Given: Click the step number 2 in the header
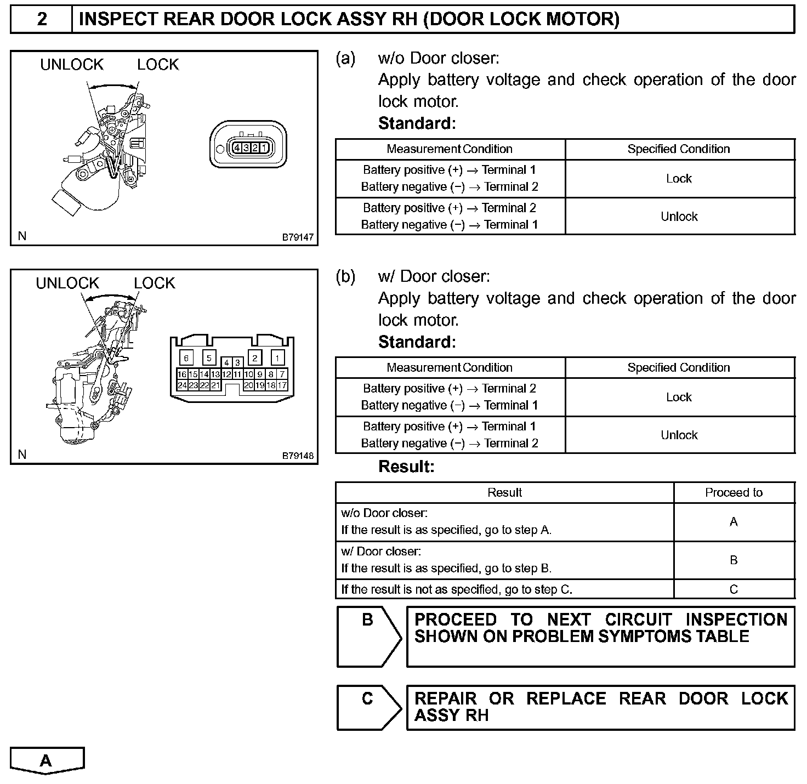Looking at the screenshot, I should pos(42,19).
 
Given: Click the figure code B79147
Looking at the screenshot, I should pos(298,237).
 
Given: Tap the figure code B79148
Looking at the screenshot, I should pos(298,456).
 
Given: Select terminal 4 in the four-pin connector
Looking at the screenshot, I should pos(237,147).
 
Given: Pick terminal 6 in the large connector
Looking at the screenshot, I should pos(186,358).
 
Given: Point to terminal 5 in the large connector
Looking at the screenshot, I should pos(209,358).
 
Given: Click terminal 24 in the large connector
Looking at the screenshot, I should pos(182,385).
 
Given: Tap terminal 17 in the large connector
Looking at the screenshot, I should pos(282,385).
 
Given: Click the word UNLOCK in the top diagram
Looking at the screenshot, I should pos(72,65).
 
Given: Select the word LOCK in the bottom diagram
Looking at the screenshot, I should pos(155,283).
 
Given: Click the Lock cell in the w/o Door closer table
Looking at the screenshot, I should pos(679,179).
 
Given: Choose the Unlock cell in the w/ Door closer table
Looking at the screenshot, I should pos(679,435).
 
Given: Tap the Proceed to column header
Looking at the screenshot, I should pos(734,492).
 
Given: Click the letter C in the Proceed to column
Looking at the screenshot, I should pos(734,589).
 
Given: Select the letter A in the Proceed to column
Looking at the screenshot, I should pos(734,522).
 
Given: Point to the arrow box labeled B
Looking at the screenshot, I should pos(368,636).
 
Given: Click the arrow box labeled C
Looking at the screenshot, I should pos(368,707).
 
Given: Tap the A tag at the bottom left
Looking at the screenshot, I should pos(47,760).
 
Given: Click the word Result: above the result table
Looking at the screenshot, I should pos(406,467).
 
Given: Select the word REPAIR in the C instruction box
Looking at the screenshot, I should pos(445,698).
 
